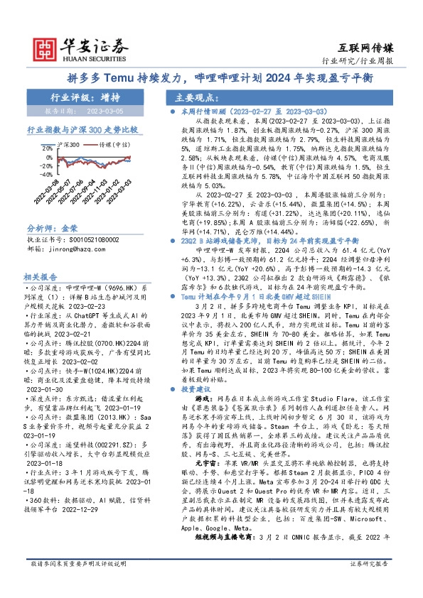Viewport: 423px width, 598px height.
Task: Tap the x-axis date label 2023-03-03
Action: [x=122, y=191]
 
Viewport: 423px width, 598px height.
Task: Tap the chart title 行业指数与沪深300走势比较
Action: [x=81, y=131]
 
